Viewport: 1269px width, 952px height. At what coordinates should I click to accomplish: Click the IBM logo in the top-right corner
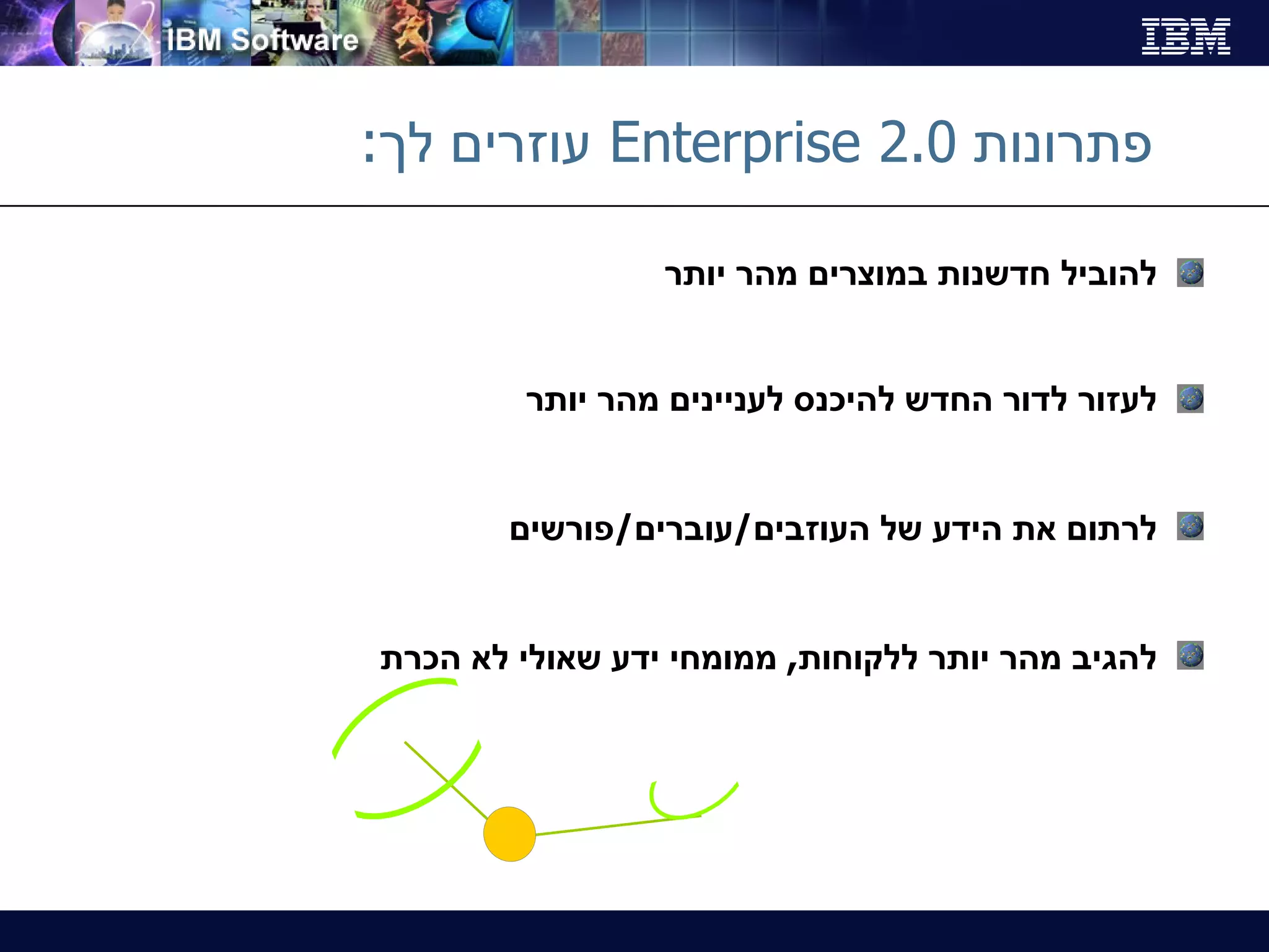point(1185,36)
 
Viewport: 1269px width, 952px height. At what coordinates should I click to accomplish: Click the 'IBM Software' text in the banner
point(263,40)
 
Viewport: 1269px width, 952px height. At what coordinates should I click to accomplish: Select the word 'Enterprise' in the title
point(735,144)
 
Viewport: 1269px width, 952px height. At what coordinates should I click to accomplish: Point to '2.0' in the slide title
point(917,143)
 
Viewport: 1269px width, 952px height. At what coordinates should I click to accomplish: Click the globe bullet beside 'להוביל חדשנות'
point(1190,273)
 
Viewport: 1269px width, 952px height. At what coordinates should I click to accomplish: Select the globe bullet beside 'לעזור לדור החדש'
point(1190,399)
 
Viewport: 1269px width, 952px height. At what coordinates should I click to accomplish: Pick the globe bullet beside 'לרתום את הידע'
point(1190,526)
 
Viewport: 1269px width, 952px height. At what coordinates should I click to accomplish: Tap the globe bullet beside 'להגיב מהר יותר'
point(1190,655)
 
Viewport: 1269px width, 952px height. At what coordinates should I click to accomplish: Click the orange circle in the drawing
point(509,834)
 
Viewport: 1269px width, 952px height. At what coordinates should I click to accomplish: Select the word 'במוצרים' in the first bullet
point(867,275)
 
